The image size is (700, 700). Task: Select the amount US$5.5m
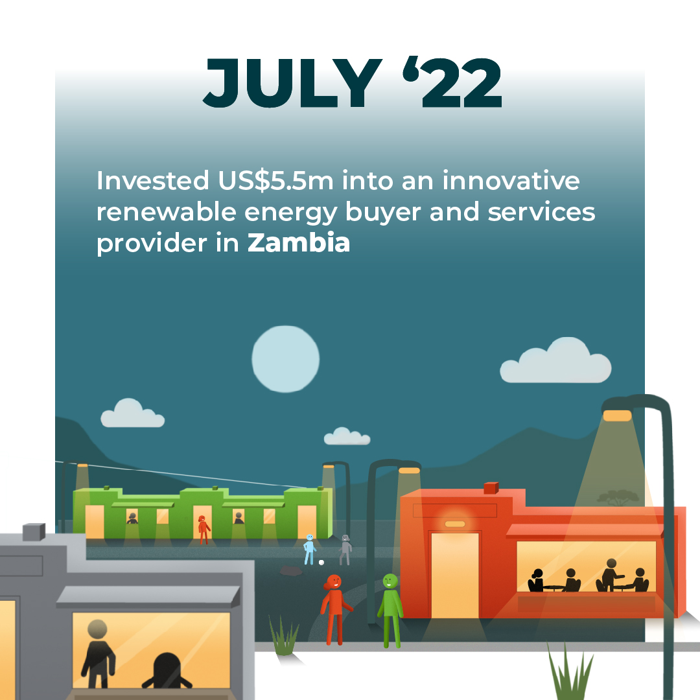tap(275, 181)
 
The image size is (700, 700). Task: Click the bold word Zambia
tap(299, 242)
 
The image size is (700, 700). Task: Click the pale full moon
tap(286, 359)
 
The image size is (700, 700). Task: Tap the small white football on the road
tap(321, 563)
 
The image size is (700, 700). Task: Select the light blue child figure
tap(309, 549)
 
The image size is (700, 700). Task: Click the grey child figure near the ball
tap(345, 550)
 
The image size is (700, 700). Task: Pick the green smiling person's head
tap(390, 581)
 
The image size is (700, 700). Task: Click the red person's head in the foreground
tap(334, 581)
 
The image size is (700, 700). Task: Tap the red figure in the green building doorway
tap(204, 530)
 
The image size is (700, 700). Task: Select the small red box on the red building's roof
tap(491, 488)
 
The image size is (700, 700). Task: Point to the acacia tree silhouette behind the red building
tap(618, 497)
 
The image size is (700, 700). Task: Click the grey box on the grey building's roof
tap(34, 532)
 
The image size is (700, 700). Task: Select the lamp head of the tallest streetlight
tap(618, 415)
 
